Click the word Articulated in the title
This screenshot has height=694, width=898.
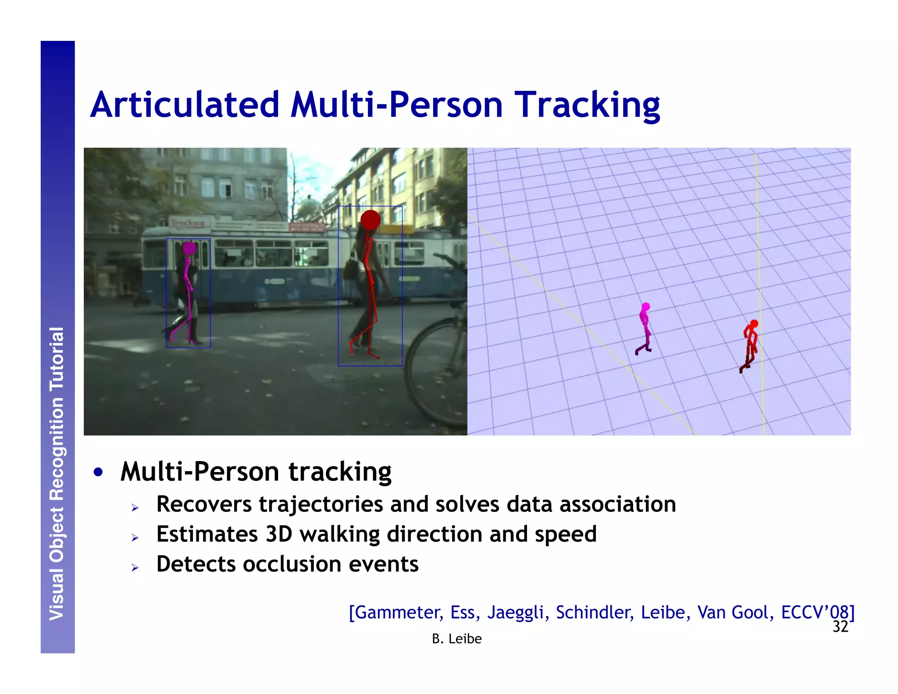[184, 105]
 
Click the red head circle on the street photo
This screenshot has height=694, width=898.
[371, 219]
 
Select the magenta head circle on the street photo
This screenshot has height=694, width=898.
[189, 248]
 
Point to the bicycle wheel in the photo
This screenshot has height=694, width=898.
[434, 373]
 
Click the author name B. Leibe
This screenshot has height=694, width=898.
[456, 639]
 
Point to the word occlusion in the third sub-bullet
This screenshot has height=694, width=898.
[292, 564]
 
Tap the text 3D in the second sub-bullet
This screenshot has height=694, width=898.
[279, 534]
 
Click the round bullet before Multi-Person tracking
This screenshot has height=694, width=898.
[99, 472]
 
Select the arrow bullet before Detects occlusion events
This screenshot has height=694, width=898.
[135, 568]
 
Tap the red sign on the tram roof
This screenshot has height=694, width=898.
[307, 227]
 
